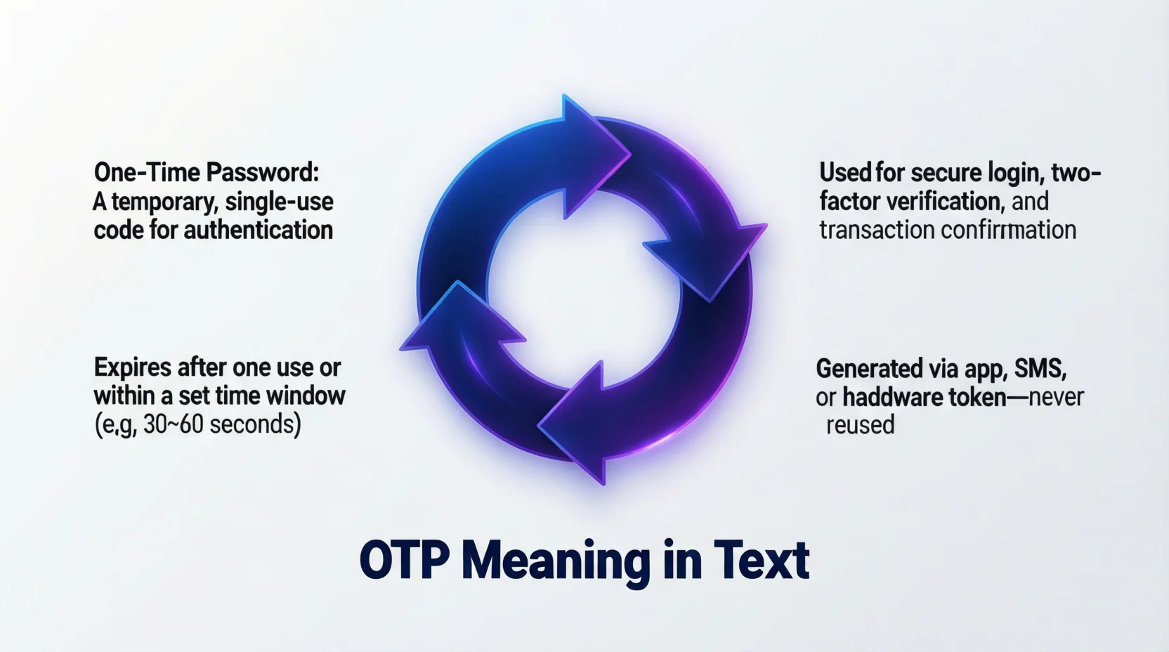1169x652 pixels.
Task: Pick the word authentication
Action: [258, 230]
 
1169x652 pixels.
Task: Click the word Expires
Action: [133, 367]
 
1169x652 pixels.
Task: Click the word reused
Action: [860, 426]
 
